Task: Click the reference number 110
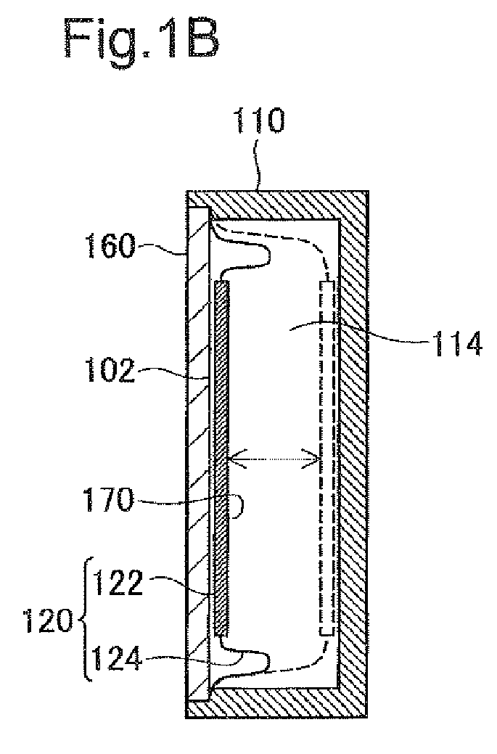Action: click(258, 120)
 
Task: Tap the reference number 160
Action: click(109, 246)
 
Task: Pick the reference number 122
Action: click(118, 583)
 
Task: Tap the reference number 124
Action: click(117, 658)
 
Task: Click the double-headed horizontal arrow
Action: click(275, 460)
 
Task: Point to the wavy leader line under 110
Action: click(258, 163)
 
